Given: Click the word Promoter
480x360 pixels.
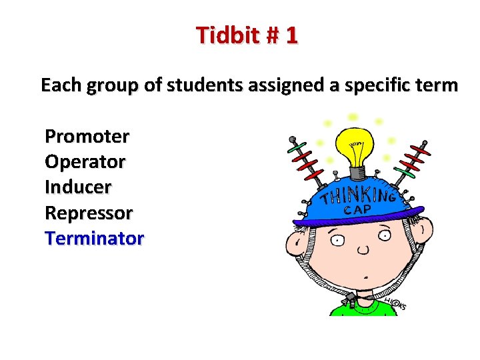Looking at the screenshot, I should tap(87, 137).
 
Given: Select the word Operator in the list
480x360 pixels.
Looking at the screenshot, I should tap(85, 162).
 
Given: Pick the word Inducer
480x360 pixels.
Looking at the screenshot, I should tap(78, 187).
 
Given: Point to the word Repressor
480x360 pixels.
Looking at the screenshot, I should tap(89, 213).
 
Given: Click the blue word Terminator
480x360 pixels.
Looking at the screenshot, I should tap(94, 238).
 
